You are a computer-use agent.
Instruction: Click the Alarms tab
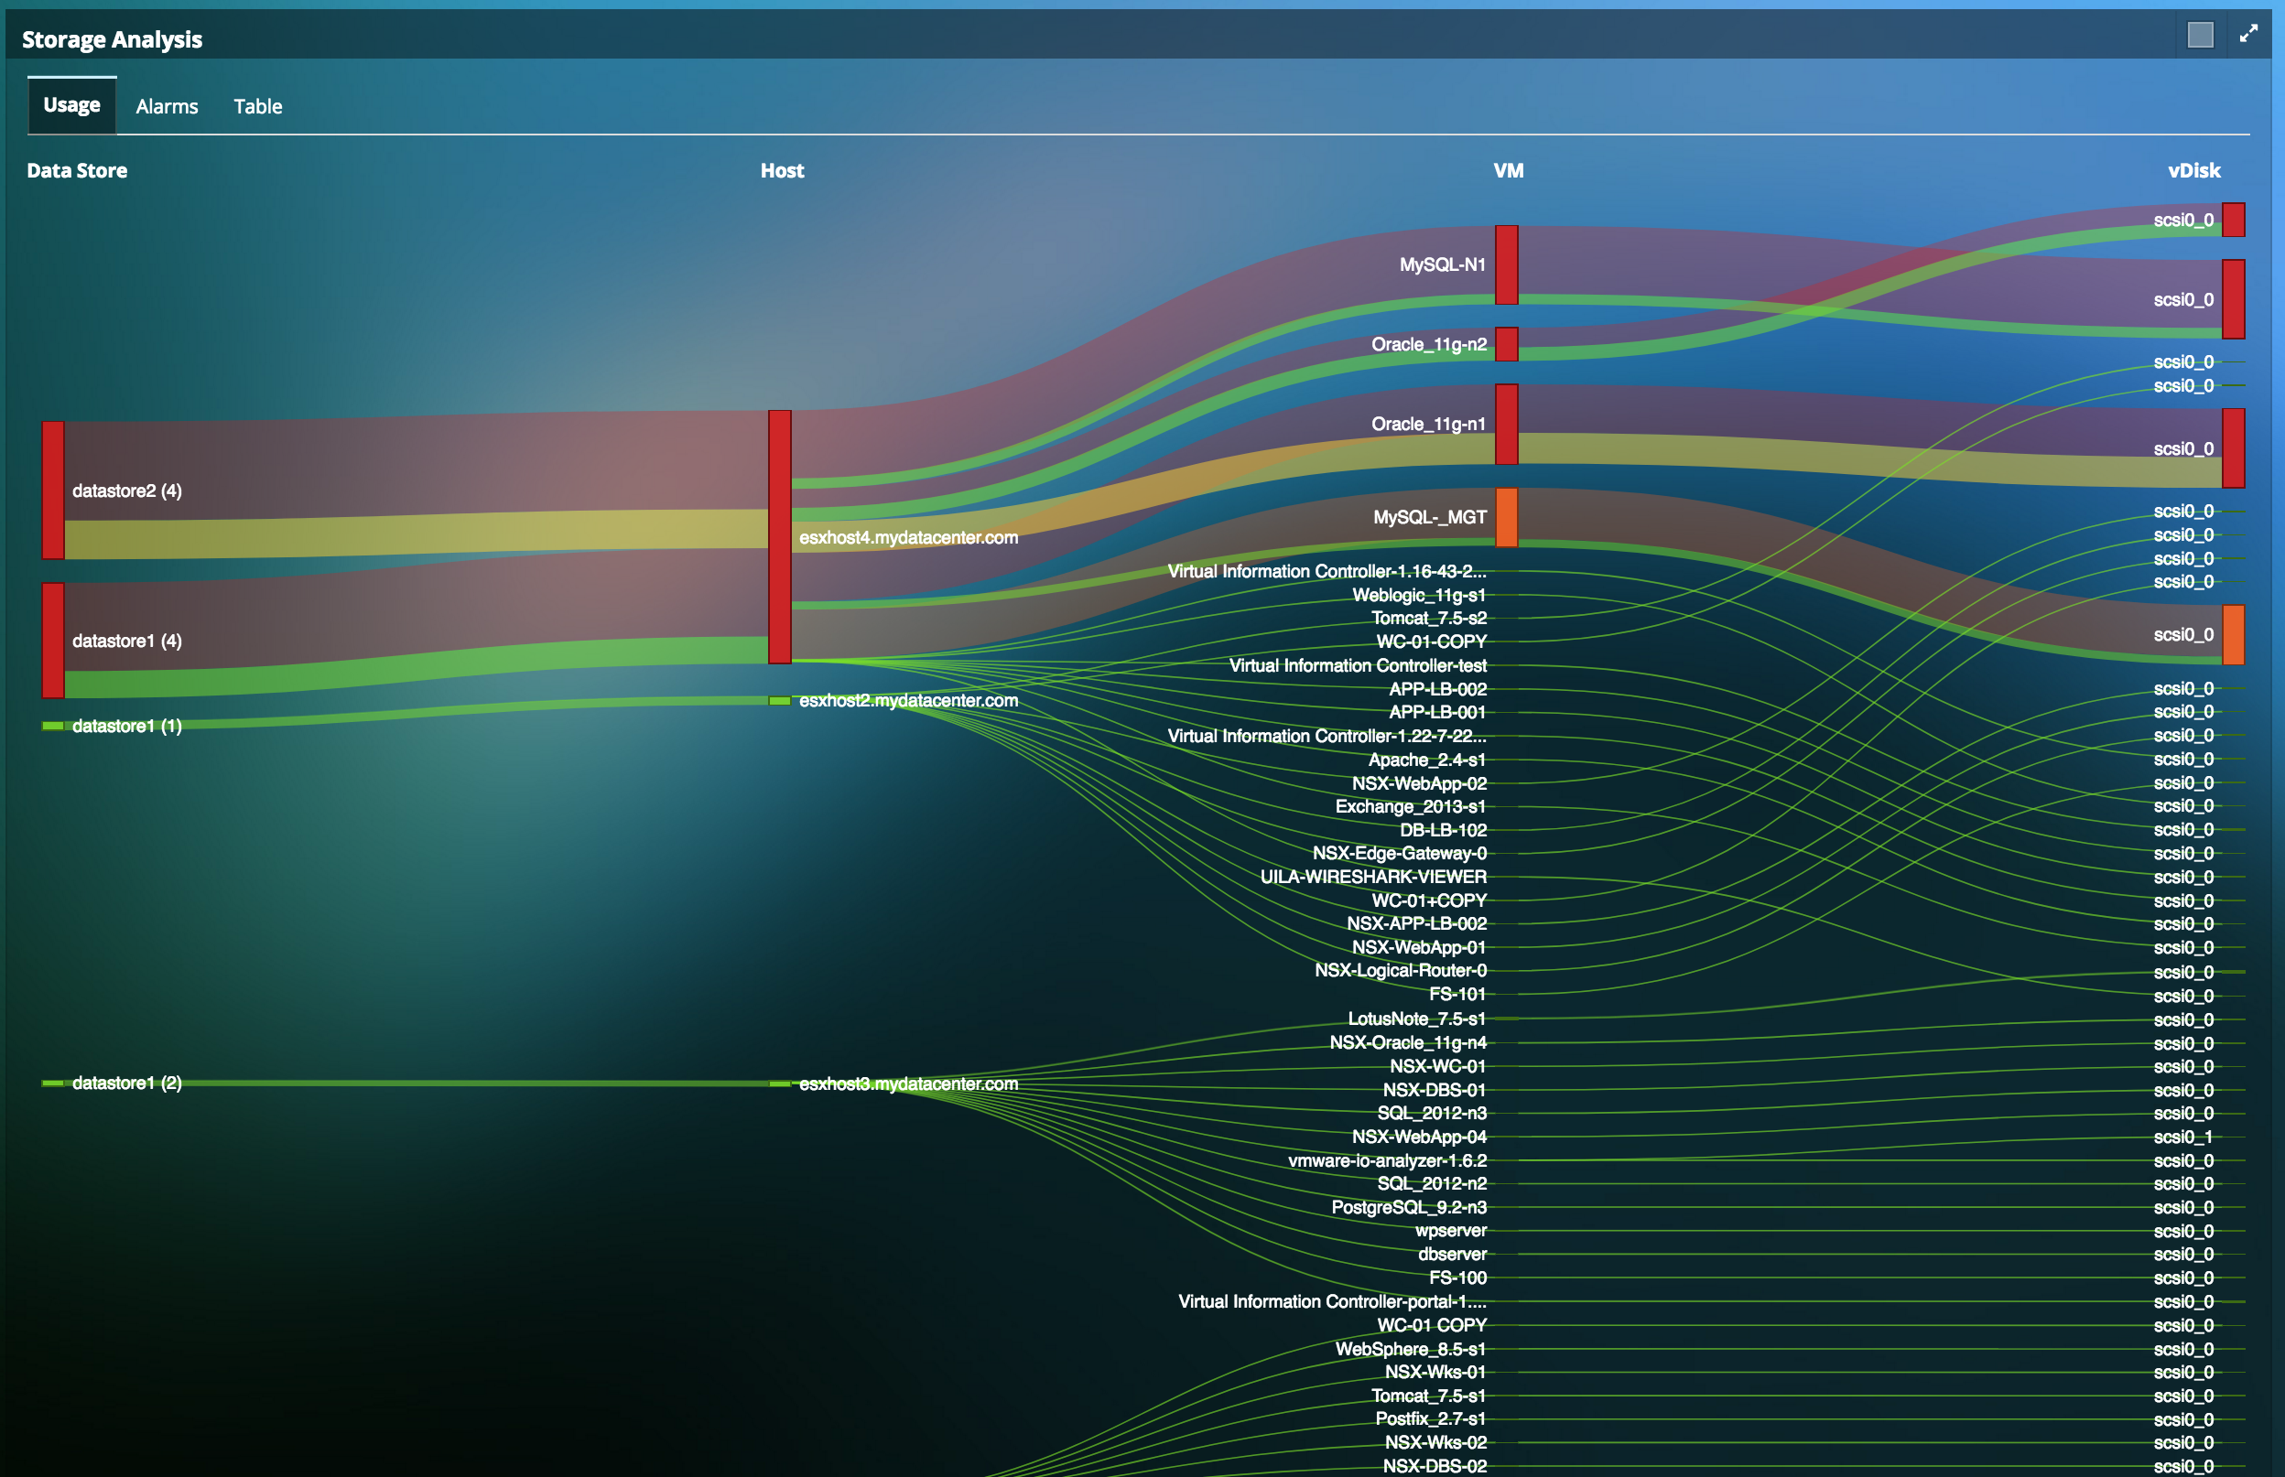point(167,106)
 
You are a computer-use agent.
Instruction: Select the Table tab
point(257,106)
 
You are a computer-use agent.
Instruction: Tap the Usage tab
point(72,105)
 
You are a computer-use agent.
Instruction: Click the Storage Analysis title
point(113,39)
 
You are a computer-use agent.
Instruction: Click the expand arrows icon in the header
point(2247,35)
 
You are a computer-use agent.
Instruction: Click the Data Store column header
point(77,171)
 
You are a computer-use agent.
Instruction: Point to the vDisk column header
point(2193,171)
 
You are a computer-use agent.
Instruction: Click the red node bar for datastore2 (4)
point(54,490)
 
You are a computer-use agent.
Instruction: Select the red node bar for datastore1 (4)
point(54,640)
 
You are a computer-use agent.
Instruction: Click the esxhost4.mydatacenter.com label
point(908,538)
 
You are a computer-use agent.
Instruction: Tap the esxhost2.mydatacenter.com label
point(908,701)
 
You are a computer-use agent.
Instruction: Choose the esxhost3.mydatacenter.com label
point(908,1083)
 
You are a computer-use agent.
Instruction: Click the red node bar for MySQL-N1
point(1506,264)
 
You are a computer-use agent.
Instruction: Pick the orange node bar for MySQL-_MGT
point(1506,517)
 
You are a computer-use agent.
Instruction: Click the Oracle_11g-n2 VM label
point(1428,344)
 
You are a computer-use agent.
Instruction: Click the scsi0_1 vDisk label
point(2183,1137)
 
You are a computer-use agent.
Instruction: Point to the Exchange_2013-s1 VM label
point(1410,806)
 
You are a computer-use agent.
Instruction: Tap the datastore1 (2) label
point(126,1083)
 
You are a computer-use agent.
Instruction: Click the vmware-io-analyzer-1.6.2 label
point(1387,1160)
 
